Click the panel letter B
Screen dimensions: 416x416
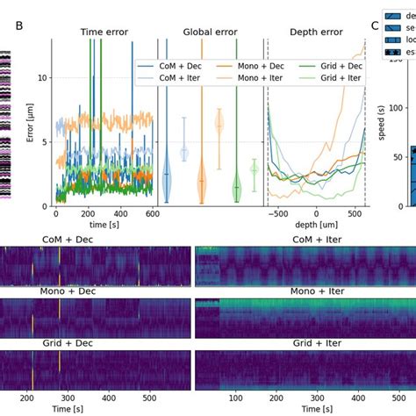[19, 25]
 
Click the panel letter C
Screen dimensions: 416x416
[375, 25]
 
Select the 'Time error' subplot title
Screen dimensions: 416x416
[104, 32]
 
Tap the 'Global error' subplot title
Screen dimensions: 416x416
[211, 32]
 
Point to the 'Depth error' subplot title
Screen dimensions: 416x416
[317, 32]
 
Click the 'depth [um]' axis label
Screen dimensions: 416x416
[316, 226]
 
